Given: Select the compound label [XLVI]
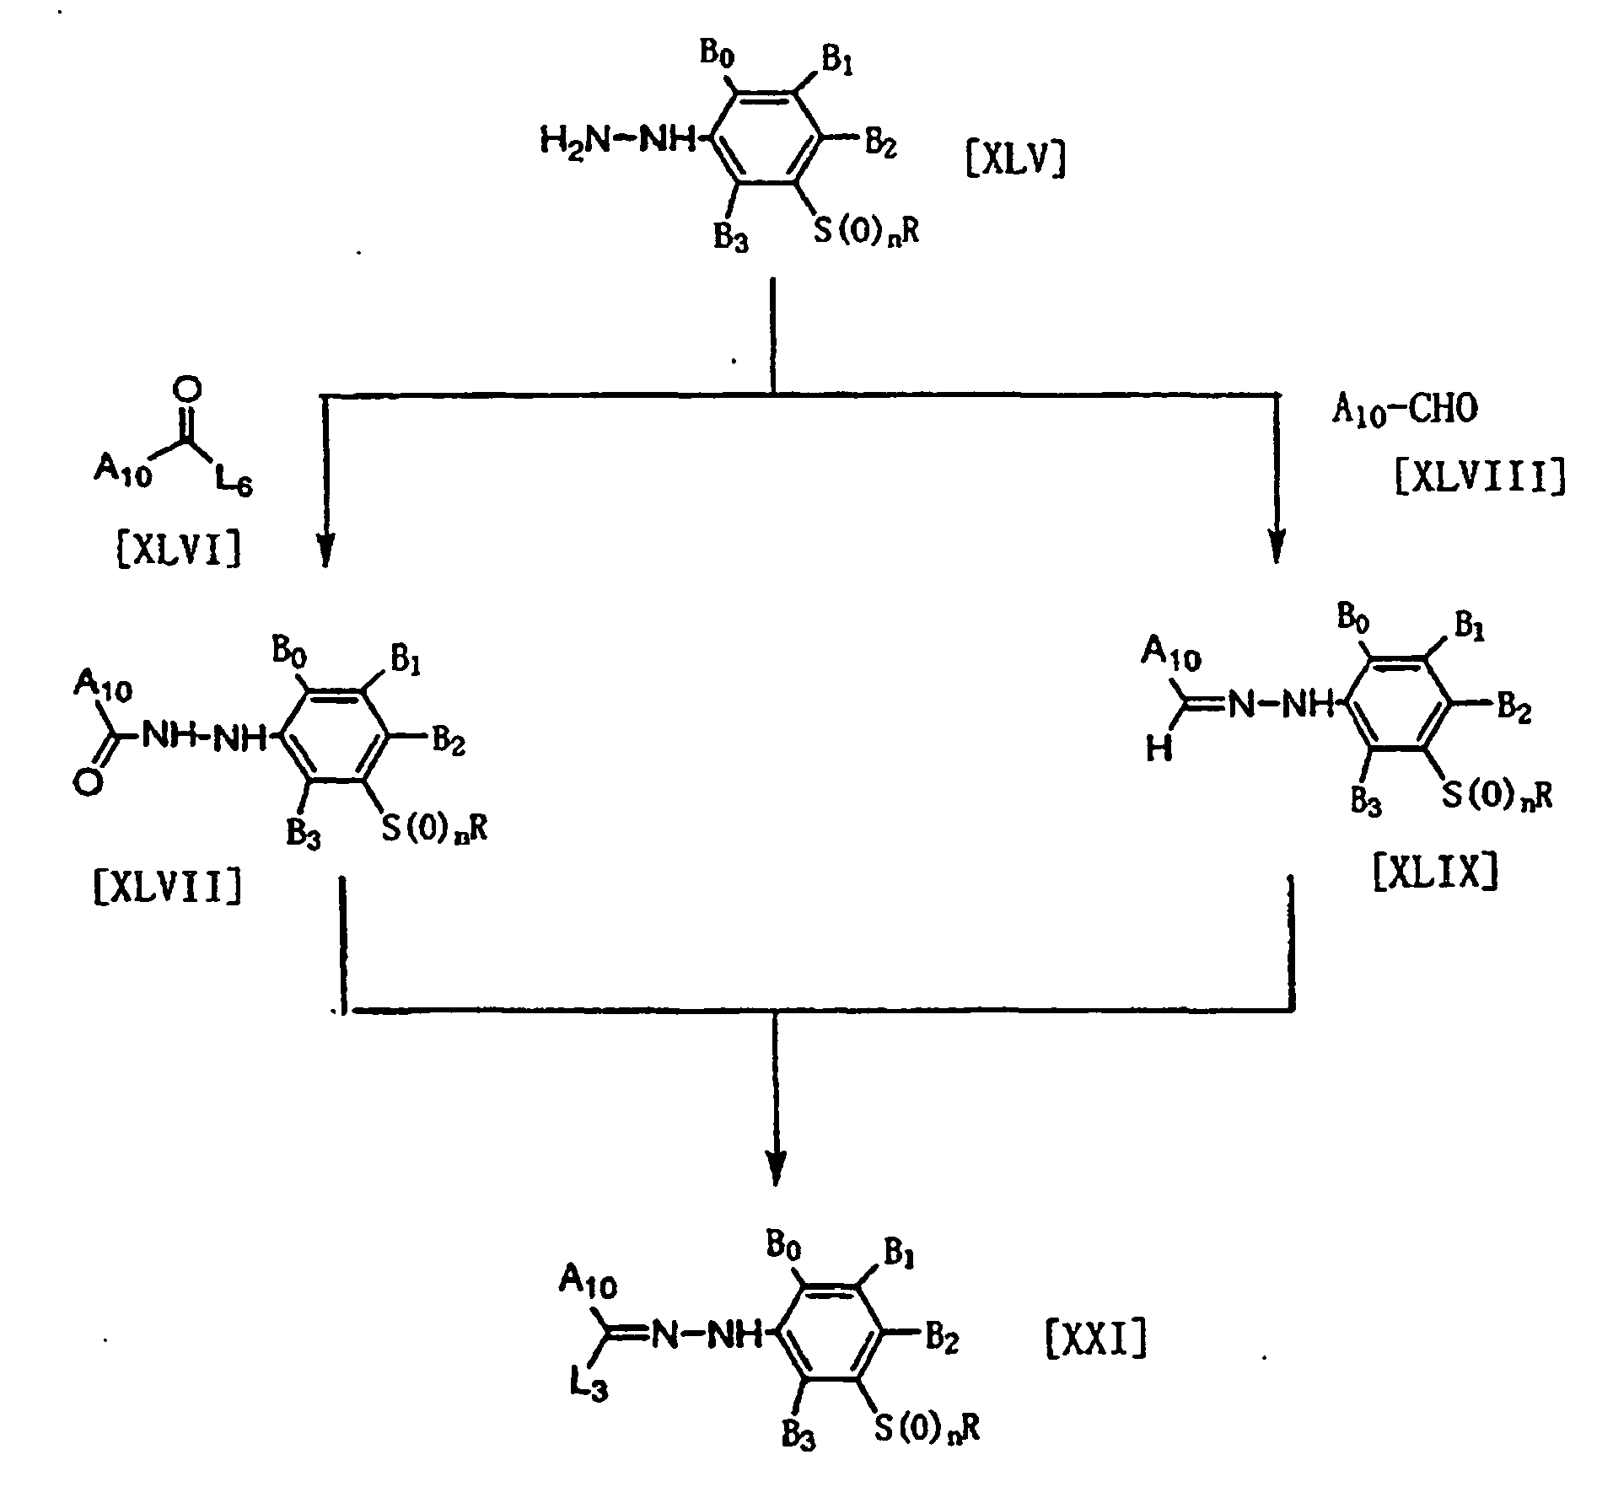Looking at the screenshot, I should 177,551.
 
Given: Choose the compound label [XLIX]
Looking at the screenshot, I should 1436,873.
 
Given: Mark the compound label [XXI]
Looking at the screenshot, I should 1096,1339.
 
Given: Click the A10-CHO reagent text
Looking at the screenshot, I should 1404,411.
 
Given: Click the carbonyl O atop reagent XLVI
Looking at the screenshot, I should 191,389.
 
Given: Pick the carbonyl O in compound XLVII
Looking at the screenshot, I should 88,784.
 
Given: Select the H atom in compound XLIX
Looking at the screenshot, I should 1159,749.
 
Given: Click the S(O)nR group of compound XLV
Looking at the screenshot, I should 865,232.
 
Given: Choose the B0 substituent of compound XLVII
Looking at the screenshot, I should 288,649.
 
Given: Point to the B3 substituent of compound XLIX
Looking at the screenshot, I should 1366,802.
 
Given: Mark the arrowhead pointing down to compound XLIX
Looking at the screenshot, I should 1276,550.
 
